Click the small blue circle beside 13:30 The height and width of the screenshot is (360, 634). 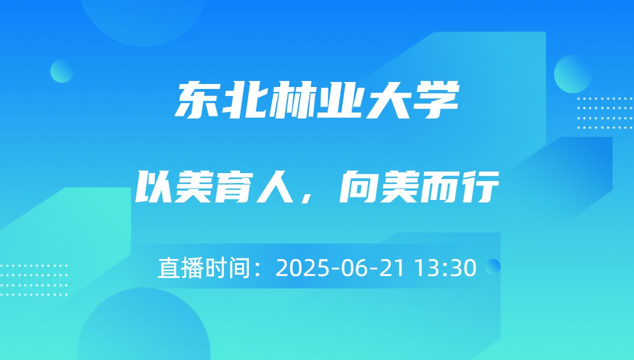493,266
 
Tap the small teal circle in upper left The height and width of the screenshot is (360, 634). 61,71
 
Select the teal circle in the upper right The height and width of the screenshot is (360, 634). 572,74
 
